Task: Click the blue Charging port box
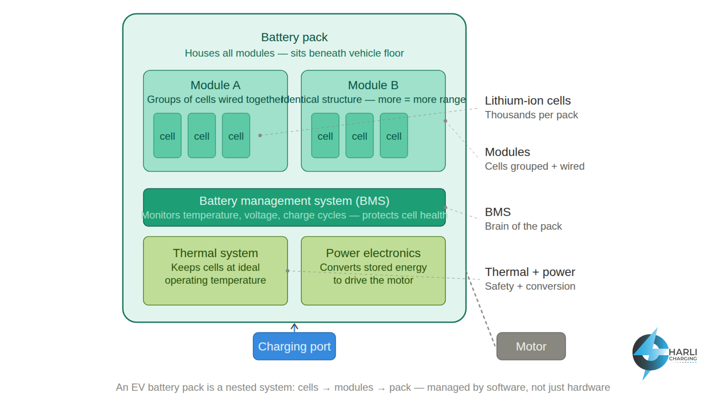(294, 346)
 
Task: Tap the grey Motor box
(531, 346)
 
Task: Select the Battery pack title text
(294, 37)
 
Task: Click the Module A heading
(215, 85)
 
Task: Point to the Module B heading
(373, 85)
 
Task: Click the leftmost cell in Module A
(167, 136)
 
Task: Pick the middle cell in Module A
(202, 136)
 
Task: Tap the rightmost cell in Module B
(394, 136)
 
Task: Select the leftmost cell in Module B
(325, 136)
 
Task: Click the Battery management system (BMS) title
(294, 201)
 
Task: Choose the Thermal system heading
(215, 253)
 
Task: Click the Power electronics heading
(373, 253)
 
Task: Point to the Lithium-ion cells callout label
(528, 101)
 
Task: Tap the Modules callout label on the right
(507, 152)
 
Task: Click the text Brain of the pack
(523, 226)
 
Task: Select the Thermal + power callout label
(530, 272)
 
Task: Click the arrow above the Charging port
(294, 327)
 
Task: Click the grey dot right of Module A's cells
(260, 135)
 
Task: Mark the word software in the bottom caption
(506, 387)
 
